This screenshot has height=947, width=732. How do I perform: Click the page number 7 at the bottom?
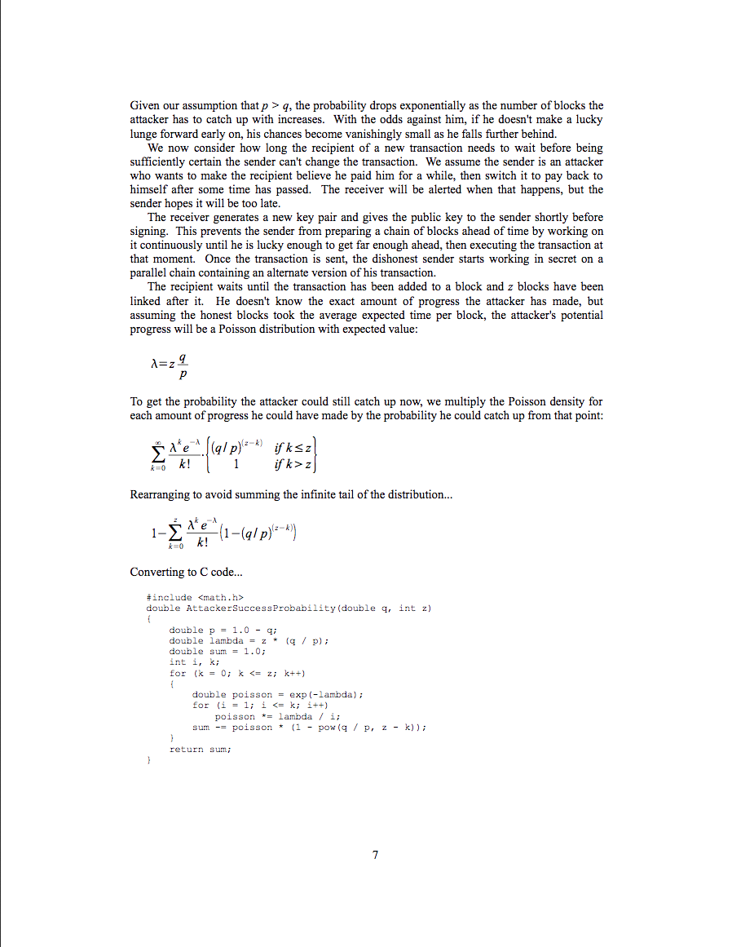click(x=375, y=855)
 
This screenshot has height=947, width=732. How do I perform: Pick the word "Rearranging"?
click(x=159, y=494)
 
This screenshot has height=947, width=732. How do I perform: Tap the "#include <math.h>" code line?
click(x=195, y=597)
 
